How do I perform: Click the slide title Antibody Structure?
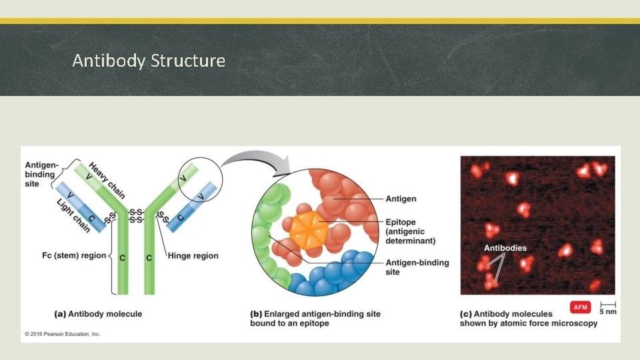click(x=149, y=61)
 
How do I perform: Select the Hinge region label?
click(x=193, y=255)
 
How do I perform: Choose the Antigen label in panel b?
click(x=401, y=199)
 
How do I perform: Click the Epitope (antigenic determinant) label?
click(x=410, y=231)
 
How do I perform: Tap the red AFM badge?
click(x=580, y=307)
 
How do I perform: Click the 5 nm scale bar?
click(x=607, y=307)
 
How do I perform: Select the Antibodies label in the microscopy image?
click(x=505, y=248)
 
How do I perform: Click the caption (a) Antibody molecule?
click(x=98, y=313)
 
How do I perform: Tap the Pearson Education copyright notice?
click(x=63, y=334)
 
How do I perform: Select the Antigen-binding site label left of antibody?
click(x=41, y=174)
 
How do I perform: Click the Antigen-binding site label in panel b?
click(x=417, y=267)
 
